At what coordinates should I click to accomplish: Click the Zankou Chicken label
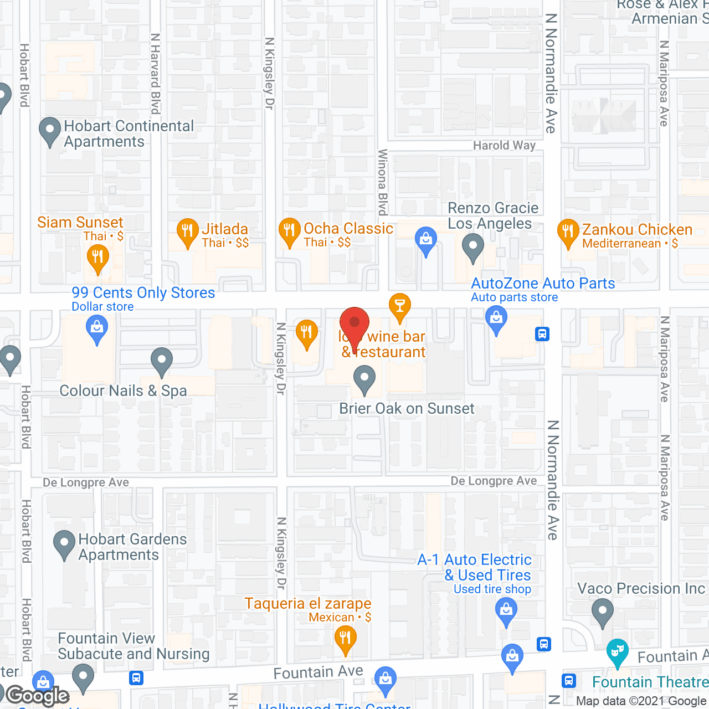tap(637, 229)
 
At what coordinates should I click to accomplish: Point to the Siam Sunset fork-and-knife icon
tap(98, 258)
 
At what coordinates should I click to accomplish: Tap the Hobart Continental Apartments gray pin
tap(50, 131)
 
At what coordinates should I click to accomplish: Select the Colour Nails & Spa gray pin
tap(161, 361)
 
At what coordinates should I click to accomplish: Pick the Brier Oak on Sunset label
tap(407, 409)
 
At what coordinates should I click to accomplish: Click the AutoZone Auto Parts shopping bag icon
tap(496, 319)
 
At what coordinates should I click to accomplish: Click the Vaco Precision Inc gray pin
tap(603, 612)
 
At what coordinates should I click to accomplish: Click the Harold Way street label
tap(504, 146)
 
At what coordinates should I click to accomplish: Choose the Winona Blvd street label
tap(382, 182)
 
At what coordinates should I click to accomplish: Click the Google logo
tap(38, 695)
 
